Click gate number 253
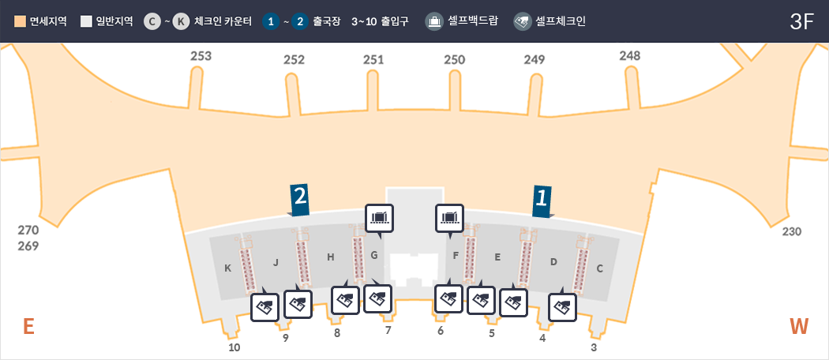(201, 56)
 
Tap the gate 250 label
(454, 59)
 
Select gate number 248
(630, 55)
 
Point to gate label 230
(792, 231)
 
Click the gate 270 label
(28, 231)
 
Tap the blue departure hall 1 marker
(541, 200)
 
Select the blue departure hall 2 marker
(299, 200)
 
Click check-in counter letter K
(227, 268)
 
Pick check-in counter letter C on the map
(600, 268)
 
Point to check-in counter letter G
(374, 255)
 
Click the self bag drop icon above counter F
(450, 218)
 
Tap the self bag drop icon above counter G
(380, 218)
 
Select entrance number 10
(234, 347)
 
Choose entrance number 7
(388, 330)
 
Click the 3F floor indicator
(801, 21)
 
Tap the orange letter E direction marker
(28, 326)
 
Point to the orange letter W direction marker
(799, 326)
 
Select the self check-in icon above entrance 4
(562, 306)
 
